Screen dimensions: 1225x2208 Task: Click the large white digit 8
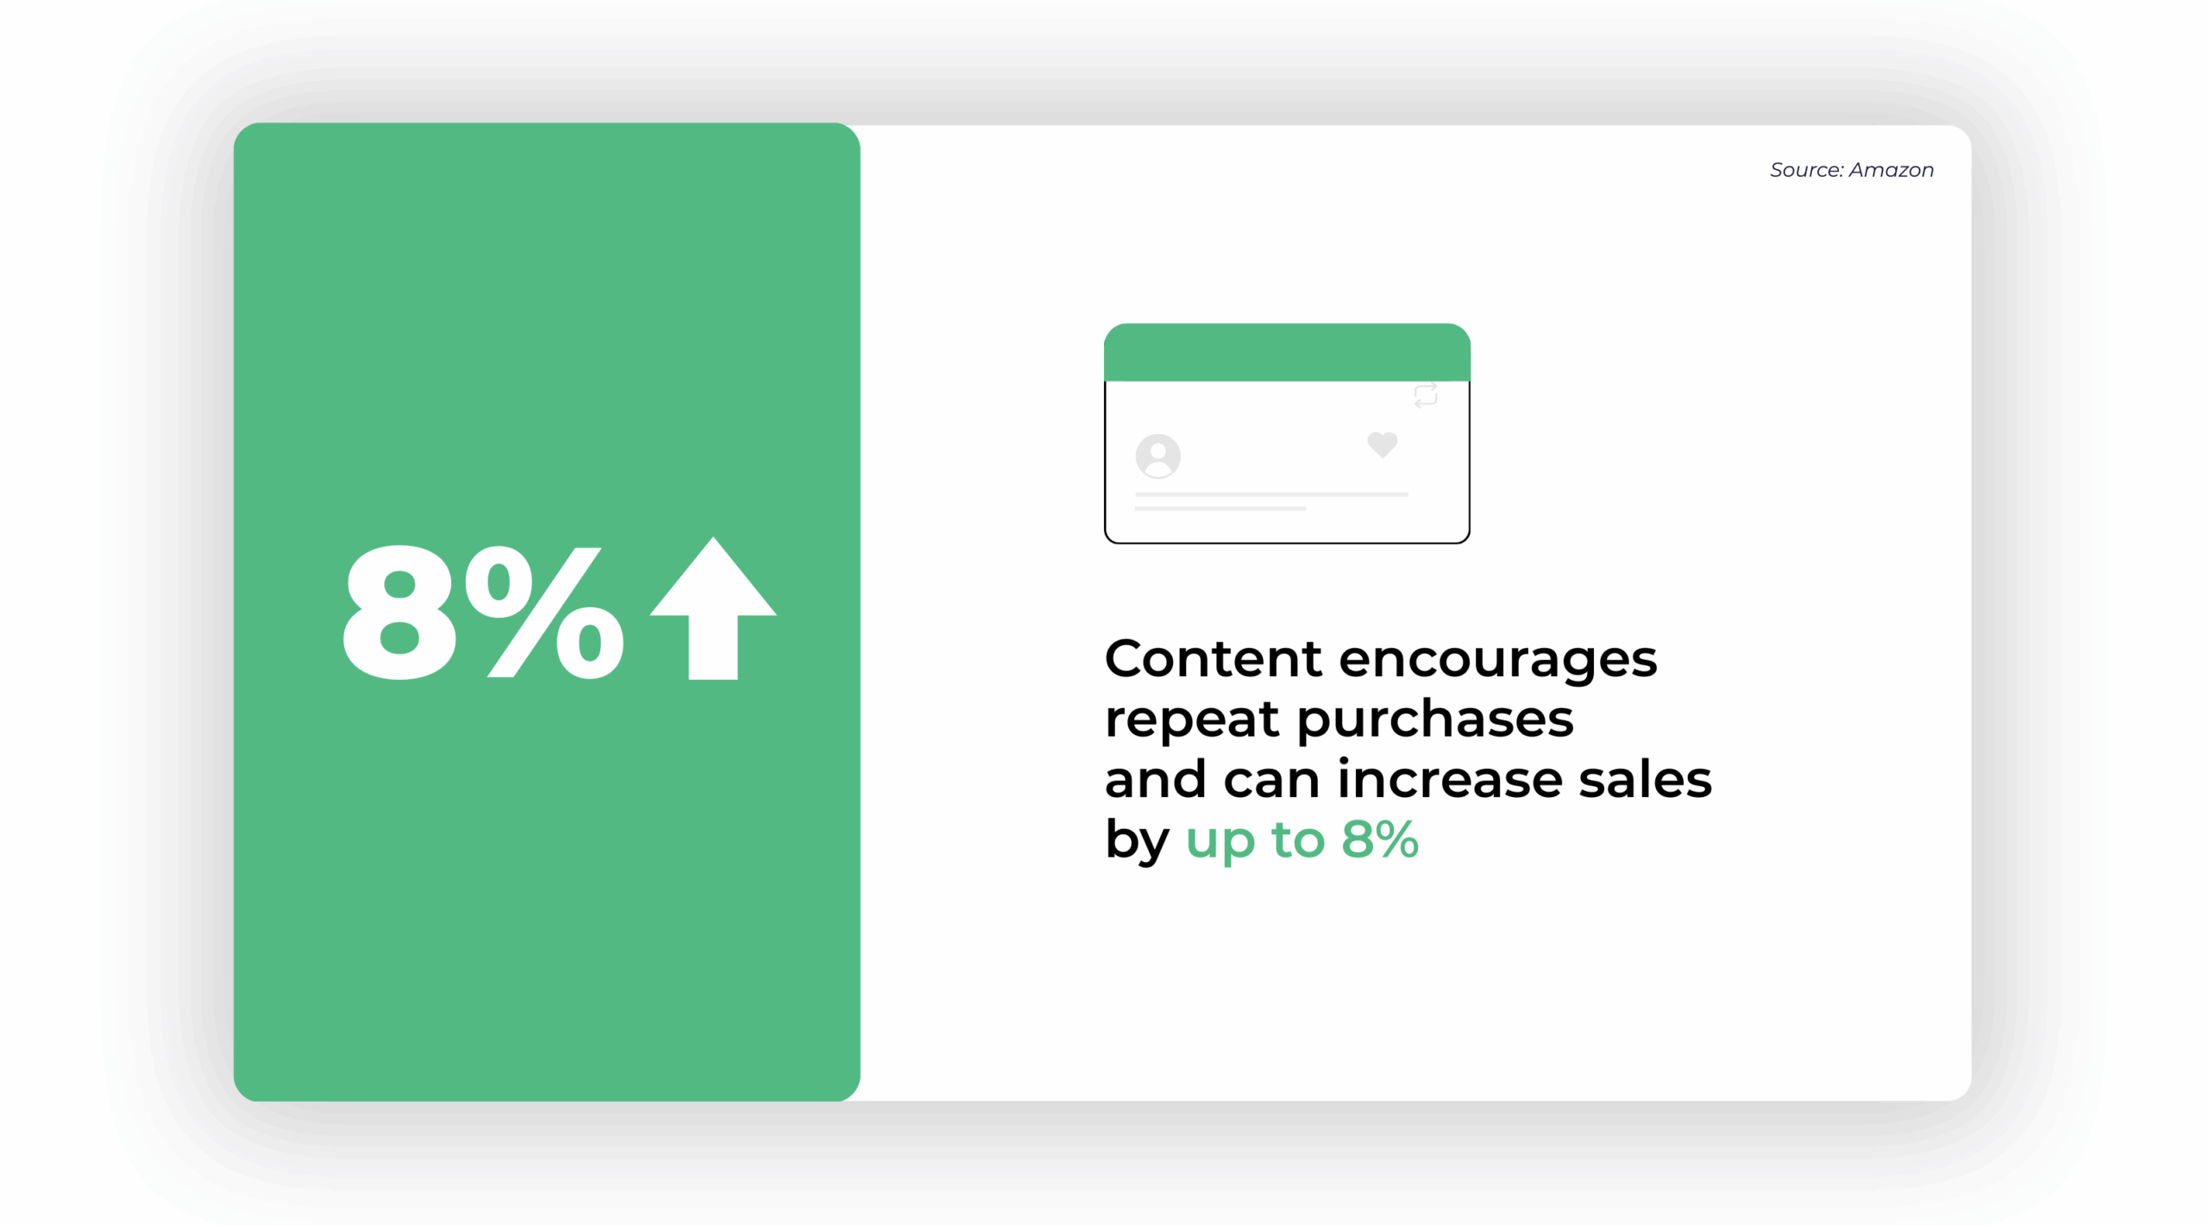point(398,613)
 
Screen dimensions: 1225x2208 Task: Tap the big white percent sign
point(544,613)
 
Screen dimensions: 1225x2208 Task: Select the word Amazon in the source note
point(1891,170)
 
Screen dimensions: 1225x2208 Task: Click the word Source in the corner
point(1806,170)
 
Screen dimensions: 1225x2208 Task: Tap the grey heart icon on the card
point(1382,444)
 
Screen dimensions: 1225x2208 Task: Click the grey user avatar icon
point(1157,455)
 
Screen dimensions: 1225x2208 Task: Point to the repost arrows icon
point(1425,395)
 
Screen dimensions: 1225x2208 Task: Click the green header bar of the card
point(1286,352)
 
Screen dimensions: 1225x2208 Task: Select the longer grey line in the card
point(1270,494)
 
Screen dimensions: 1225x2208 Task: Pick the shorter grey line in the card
point(1220,509)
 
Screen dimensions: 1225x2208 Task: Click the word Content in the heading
point(1213,659)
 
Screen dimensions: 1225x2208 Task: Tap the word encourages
point(1497,661)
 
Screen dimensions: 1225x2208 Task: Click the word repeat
point(1191,720)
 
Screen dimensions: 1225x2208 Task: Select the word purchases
point(1434,720)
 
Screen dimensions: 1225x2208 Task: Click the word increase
point(1449,779)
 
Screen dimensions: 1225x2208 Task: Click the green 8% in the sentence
point(1379,839)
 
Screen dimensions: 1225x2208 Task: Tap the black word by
point(1137,840)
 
